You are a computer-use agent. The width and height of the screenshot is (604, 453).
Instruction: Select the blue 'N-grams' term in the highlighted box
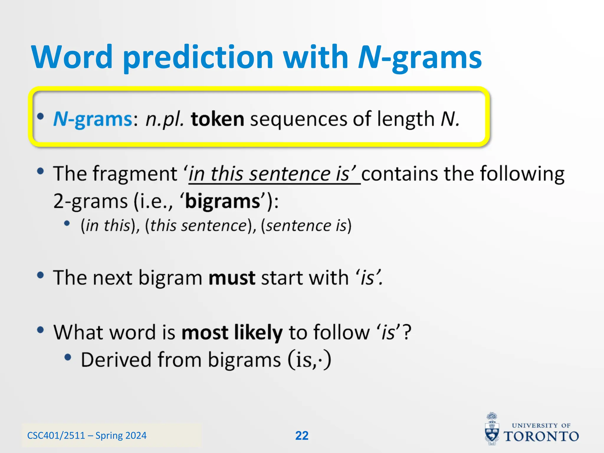pyautogui.click(x=93, y=119)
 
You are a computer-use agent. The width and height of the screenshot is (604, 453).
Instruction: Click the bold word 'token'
pyautogui.click(x=217, y=119)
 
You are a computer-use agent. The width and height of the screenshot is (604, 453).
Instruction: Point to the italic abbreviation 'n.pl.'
pyautogui.click(x=165, y=119)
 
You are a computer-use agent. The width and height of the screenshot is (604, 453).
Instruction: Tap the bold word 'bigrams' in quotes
pyautogui.click(x=223, y=201)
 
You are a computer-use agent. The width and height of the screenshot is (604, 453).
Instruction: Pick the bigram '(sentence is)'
pyautogui.click(x=306, y=226)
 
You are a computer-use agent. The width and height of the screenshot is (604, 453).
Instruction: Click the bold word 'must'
pyautogui.click(x=232, y=278)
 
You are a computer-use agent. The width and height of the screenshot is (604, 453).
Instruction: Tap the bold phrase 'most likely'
pyautogui.click(x=232, y=333)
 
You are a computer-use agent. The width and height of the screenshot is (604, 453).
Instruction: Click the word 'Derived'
pyautogui.click(x=116, y=360)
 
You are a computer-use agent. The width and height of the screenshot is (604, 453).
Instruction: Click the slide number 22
pyautogui.click(x=302, y=436)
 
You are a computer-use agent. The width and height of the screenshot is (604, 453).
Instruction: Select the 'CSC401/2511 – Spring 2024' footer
pyautogui.click(x=87, y=436)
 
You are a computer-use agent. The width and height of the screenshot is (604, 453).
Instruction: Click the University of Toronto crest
pyautogui.click(x=492, y=429)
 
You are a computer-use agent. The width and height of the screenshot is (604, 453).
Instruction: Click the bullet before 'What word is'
pyautogui.click(x=41, y=330)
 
